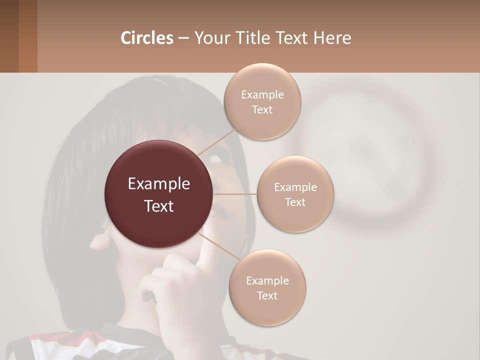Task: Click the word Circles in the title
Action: [146, 38]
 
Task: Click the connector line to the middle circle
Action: [235, 194]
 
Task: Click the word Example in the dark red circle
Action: [159, 184]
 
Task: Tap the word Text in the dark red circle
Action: [159, 206]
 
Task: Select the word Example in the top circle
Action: [262, 95]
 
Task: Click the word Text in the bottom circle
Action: [267, 295]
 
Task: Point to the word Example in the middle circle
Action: [295, 187]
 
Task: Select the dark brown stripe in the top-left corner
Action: [9, 36]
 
